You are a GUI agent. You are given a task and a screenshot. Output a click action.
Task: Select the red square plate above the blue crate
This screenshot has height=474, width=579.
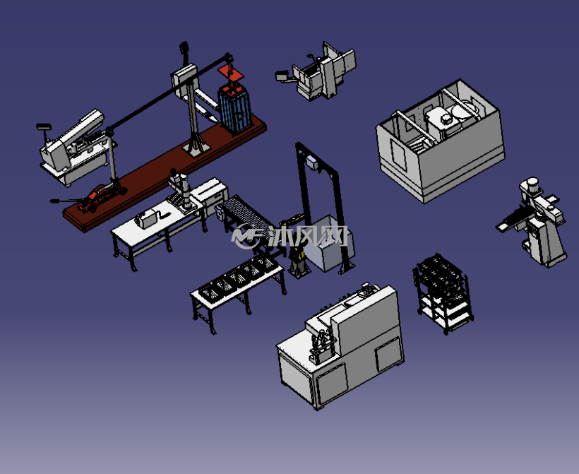coord(231,71)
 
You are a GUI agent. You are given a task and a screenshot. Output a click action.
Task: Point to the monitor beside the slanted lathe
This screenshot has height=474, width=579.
coord(44,127)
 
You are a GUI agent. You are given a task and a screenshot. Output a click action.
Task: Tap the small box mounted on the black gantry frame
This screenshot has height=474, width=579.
coord(312,163)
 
